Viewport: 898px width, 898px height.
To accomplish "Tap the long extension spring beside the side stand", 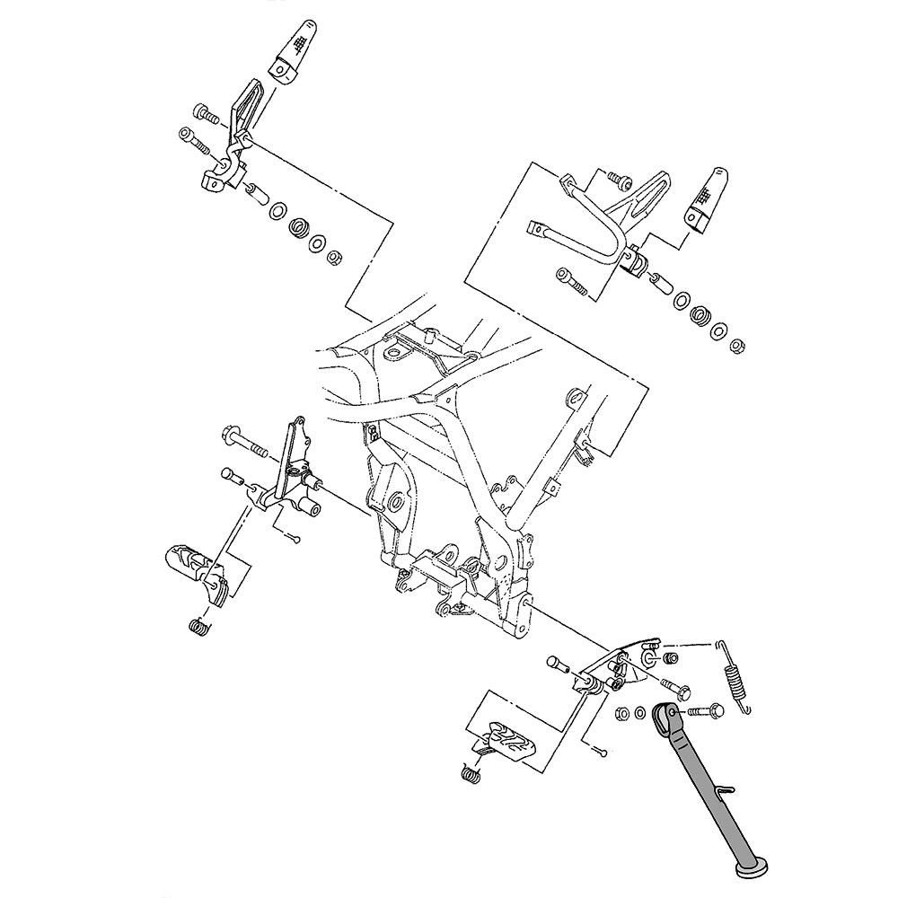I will click(735, 673).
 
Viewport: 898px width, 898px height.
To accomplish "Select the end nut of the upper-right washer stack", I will click(737, 344).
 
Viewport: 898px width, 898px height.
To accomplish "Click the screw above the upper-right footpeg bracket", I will click(617, 179).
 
